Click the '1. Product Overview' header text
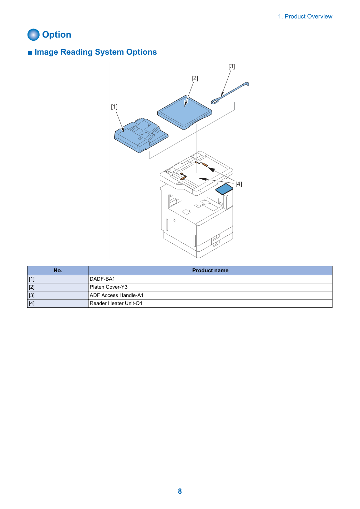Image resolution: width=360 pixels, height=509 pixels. [x=305, y=16]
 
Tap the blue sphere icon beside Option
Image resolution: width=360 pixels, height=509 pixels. [x=33, y=34]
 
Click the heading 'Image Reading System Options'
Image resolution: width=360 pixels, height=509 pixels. [x=96, y=52]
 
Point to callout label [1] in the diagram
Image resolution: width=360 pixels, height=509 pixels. [x=114, y=107]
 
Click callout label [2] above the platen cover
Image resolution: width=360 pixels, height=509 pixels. [x=195, y=78]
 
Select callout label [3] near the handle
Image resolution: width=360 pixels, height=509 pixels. [x=232, y=66]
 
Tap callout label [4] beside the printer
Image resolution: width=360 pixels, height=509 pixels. [x=238, y=184]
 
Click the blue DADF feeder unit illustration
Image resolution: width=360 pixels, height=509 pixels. [x=141, y=135]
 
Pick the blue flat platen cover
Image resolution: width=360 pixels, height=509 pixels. [x=185, y=112]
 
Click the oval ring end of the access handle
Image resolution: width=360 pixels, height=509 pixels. [x=215, y=101]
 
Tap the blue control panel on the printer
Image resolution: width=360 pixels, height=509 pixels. [x=224, y=189]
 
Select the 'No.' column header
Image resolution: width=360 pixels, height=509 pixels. [x=58, y=271]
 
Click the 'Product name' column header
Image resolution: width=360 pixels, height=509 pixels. [x=210, y=271]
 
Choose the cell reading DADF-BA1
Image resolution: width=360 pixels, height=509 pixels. [x=210, y=279]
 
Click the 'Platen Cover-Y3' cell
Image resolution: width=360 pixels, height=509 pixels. [x=210, y=287]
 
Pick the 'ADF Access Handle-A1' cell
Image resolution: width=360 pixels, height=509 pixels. [x=210, y=295]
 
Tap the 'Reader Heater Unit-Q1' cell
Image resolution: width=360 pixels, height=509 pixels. [x=210, y=303]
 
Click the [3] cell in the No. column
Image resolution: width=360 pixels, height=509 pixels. [x=58, y=295]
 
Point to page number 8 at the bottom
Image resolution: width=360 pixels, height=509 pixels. [x=180, y=491]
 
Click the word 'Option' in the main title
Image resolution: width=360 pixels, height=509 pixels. [x=57, y=35]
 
